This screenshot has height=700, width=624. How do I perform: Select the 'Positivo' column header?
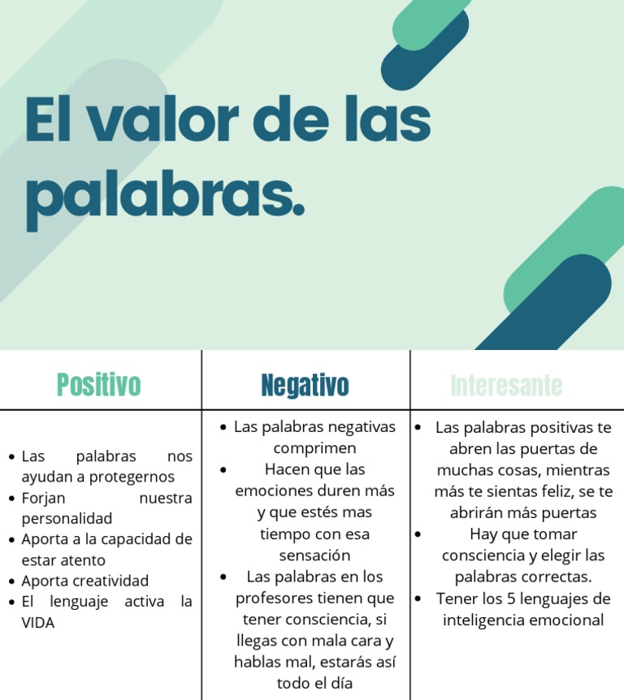(99, 385)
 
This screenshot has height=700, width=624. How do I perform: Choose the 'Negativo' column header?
(305, 386)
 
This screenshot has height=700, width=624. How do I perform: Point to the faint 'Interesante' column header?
(506, 386)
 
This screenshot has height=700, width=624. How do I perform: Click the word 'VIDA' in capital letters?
(38, 624)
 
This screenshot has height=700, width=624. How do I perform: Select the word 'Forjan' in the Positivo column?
(43, 498)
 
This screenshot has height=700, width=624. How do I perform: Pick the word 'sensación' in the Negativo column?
(314, 555)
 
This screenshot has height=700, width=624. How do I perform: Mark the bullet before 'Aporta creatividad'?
(11, 581)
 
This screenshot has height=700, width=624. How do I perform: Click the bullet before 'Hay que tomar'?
(418, 534)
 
